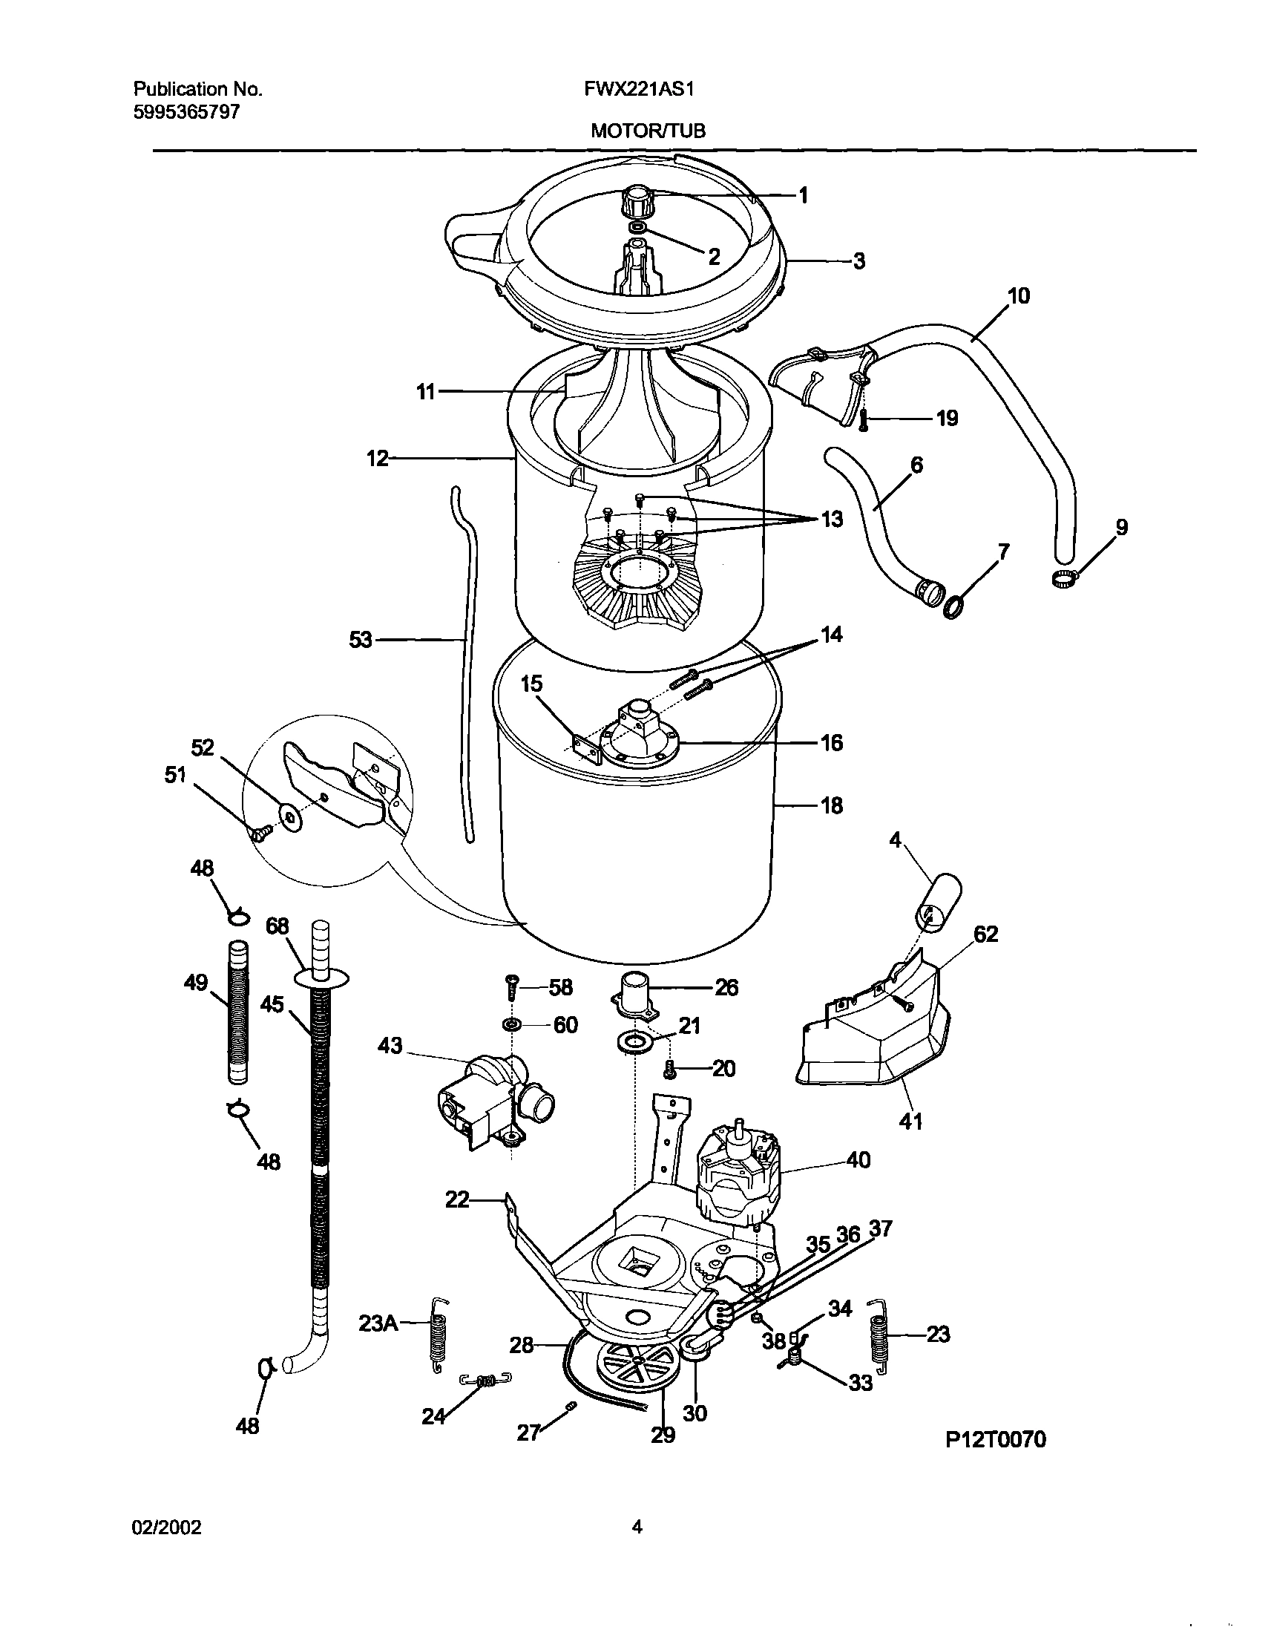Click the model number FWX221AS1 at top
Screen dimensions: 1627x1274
640,90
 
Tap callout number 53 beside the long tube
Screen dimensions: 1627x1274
361,639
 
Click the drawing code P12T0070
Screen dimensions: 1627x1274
996,1439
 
